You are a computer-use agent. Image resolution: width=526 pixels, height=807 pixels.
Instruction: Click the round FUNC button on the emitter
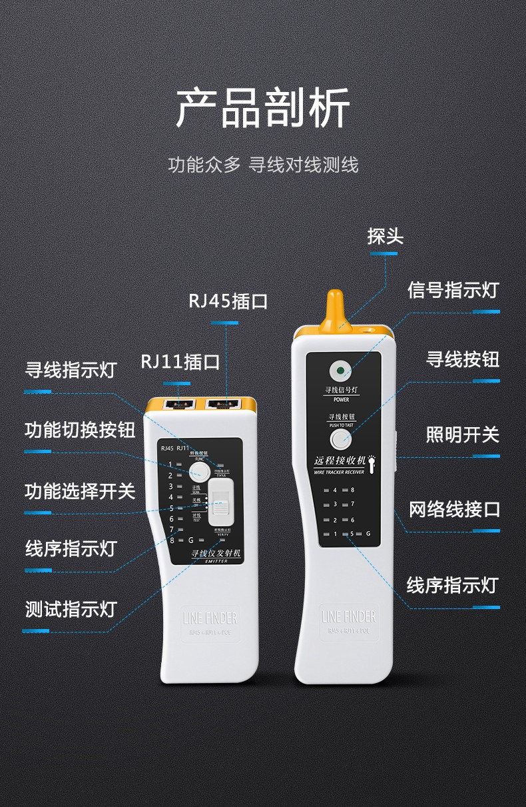pos(198,472)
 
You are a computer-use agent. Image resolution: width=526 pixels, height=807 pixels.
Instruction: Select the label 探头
pos(385,237)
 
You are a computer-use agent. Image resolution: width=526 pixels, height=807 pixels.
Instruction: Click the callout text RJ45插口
pos(228,301)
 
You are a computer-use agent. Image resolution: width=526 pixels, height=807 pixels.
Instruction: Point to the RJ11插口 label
pos(180,362)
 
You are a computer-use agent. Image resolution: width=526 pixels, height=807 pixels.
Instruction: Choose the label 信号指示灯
pos(453,291)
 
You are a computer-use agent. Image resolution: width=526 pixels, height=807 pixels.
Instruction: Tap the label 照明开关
pos(462,435)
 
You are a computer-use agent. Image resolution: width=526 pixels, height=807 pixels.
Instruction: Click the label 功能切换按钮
pos(80,430)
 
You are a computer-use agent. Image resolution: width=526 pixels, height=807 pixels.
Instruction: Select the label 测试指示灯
pos(71,609)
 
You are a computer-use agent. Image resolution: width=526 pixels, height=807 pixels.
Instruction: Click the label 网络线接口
pos(453,510)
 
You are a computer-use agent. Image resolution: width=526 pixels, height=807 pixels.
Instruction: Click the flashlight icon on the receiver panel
pos(374,460)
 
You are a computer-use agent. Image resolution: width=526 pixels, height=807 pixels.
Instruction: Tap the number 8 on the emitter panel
pos(171,540)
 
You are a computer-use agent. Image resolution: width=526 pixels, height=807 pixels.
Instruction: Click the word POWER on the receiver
pos(341,400)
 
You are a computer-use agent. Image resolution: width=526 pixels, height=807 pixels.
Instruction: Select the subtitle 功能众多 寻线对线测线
pos(263,165)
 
